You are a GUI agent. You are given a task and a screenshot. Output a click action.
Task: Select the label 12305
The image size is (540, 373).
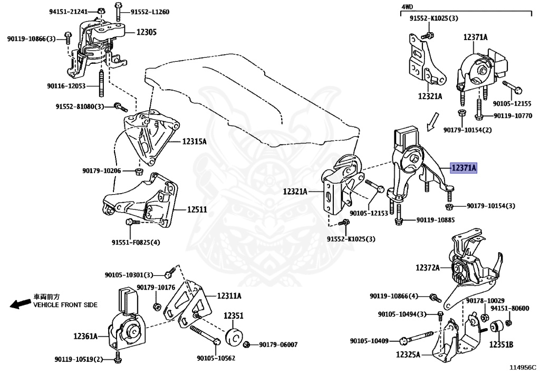(146, 32)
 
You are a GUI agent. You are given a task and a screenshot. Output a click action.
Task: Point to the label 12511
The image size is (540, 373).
(197, 209)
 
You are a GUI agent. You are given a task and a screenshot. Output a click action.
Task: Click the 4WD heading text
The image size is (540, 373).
(408, 7)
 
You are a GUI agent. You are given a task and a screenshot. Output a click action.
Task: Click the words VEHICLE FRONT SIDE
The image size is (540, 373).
(65, 305)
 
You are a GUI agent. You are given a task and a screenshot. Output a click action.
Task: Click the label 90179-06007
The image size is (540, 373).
(278, 345)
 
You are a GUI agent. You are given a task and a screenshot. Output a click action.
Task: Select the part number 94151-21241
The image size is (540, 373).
(69, 12)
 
